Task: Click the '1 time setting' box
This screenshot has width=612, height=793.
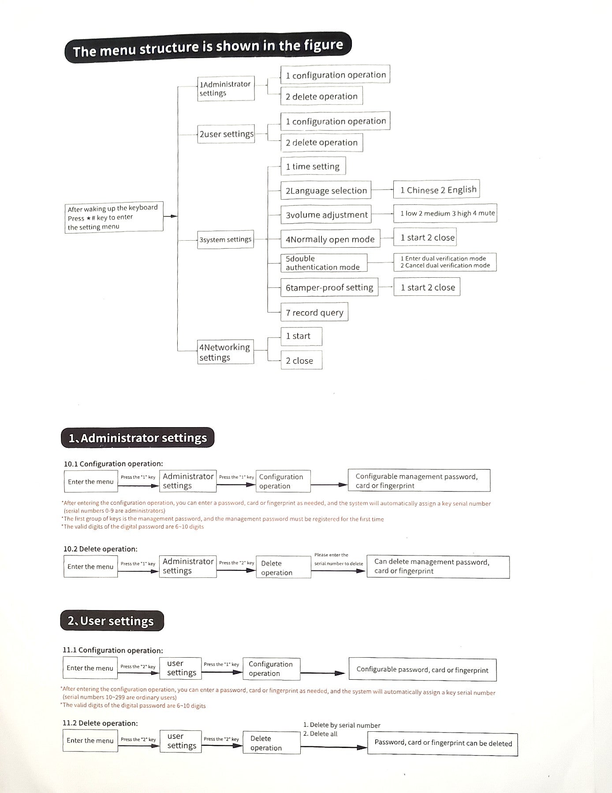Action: (313, 166)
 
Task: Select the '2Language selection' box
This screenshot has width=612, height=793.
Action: (326, 190)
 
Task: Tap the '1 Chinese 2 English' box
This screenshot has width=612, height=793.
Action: (436, 190)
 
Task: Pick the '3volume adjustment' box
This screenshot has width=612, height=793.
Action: (326, 215)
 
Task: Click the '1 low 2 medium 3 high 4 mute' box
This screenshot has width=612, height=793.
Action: (445, 213)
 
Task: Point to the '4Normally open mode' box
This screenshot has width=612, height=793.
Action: (330, 239)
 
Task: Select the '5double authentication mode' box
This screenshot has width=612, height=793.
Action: (324, 263)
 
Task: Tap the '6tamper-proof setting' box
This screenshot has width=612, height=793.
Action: (329, 287)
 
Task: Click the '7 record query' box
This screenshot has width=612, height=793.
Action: (314, 312)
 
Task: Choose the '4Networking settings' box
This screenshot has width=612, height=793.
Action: (225, 352)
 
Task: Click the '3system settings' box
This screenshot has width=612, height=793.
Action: (225, 239)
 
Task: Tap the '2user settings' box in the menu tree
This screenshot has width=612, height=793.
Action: (226, 134)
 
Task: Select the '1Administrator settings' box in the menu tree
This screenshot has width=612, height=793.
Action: (226, 89)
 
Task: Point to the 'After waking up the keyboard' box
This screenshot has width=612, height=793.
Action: (114, 217)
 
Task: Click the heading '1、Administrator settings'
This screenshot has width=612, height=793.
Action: (138, 438)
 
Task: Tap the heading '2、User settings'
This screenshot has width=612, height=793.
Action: (112, 621)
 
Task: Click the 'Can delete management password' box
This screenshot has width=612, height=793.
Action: (438, 566)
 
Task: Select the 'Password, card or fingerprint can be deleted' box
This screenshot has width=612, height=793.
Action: (443, 743)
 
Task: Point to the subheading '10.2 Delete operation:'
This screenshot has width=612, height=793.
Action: (101, 549)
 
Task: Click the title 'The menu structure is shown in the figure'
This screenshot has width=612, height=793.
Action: (208, 47)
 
